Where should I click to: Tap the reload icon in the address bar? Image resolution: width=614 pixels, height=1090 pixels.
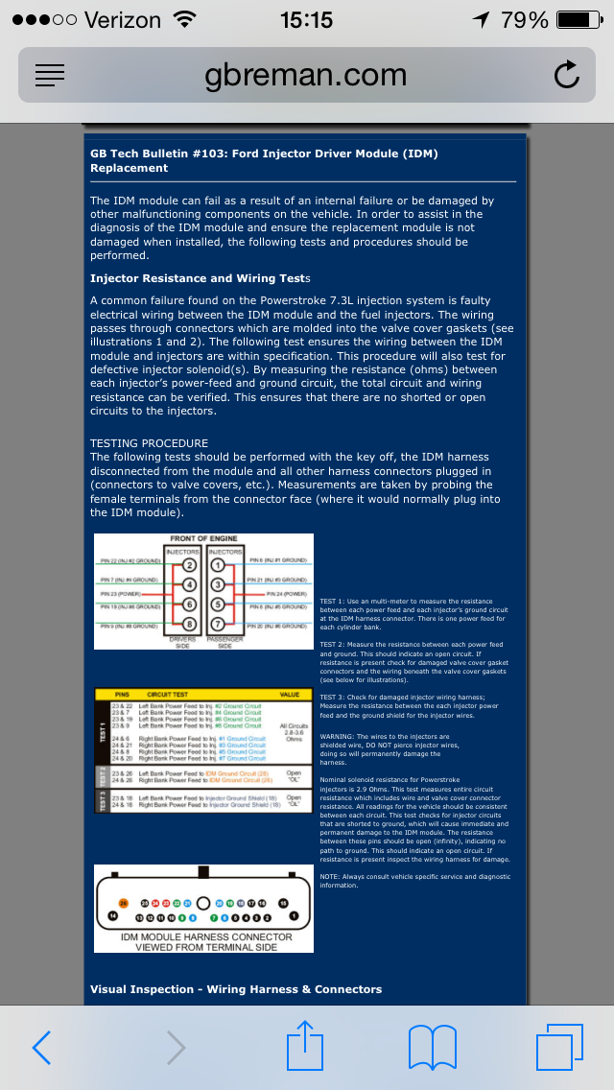567,75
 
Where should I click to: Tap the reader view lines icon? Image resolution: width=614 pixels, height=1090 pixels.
50,76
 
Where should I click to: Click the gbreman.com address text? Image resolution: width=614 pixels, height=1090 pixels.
305,75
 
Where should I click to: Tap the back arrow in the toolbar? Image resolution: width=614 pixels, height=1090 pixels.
41,1047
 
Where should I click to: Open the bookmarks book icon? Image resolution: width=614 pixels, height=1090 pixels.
432,1047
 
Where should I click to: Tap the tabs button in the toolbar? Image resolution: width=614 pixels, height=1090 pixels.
559,1046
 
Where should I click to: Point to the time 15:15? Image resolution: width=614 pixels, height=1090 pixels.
306,19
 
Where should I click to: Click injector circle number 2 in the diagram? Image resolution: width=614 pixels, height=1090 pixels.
189,565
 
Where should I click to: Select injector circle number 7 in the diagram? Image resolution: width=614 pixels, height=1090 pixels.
217,626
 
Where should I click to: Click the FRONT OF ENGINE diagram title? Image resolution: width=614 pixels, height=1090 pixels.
203,538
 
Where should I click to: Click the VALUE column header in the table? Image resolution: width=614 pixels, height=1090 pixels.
290,694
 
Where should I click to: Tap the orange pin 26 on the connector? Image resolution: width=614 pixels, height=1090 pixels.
122,903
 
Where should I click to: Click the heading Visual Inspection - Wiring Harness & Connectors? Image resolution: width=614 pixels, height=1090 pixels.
236,989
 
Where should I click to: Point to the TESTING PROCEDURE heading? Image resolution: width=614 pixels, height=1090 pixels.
149,443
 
